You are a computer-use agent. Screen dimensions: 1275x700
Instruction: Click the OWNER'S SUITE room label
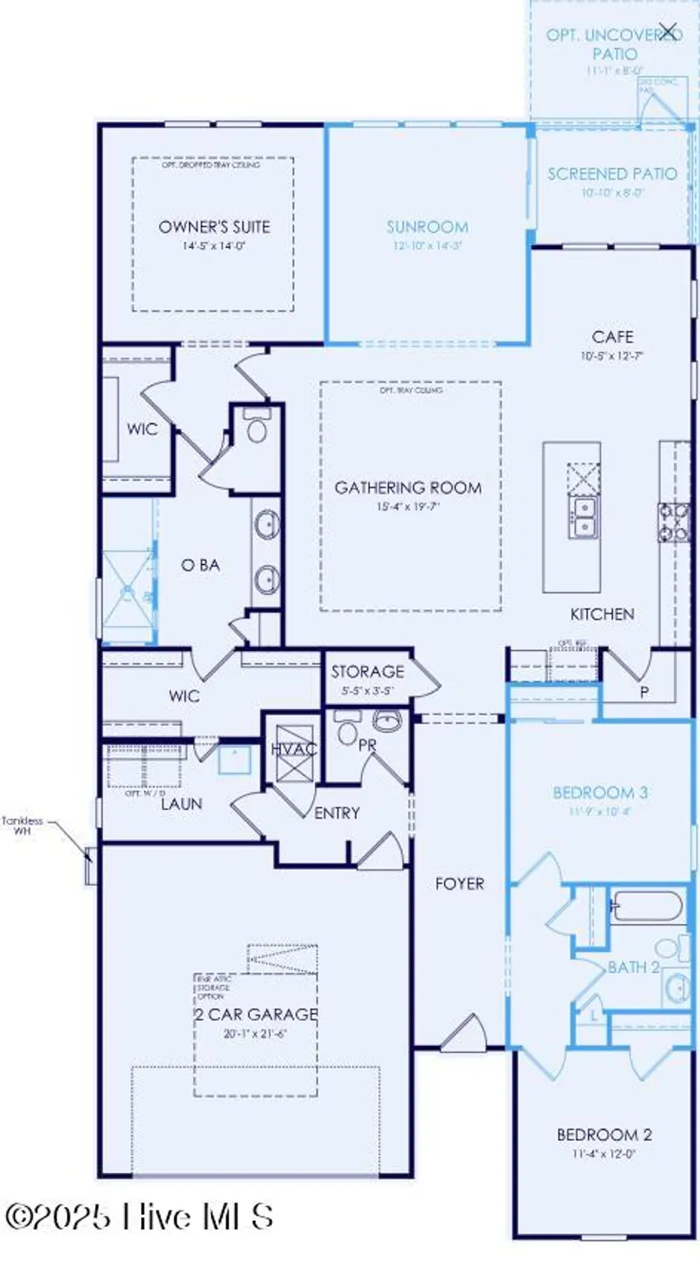click(x=214, y=227)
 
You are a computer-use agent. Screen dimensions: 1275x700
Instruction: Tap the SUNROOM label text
click(x=427, y=227)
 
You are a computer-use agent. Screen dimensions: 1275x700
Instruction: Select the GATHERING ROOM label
click(x=408, y=488)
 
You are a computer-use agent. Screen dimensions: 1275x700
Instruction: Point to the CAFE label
click(x=612, y=337)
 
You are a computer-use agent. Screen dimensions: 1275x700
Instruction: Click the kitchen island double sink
click(x=583, y=517)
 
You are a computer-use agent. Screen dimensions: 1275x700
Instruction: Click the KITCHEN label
click(x=602, y=614)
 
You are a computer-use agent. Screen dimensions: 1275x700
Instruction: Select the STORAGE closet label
click(x=367, y=671)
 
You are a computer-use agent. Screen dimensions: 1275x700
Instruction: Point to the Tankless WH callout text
click(x=22, y=825)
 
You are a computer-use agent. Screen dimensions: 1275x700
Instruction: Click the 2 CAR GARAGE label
click(x=256, y=1014)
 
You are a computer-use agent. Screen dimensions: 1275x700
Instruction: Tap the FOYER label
click(x=459, y=884)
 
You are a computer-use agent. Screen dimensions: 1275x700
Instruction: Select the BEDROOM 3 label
click(x=600, y=793)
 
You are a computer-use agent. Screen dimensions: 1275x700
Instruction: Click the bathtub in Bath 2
click(x=646, y=906)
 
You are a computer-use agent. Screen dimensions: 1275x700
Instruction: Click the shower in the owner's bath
click(x=128, y=586)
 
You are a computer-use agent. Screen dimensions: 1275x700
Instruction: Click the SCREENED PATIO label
click(x=612, y=174)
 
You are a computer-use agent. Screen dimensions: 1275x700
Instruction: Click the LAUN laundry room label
click(x=181, y=802)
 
